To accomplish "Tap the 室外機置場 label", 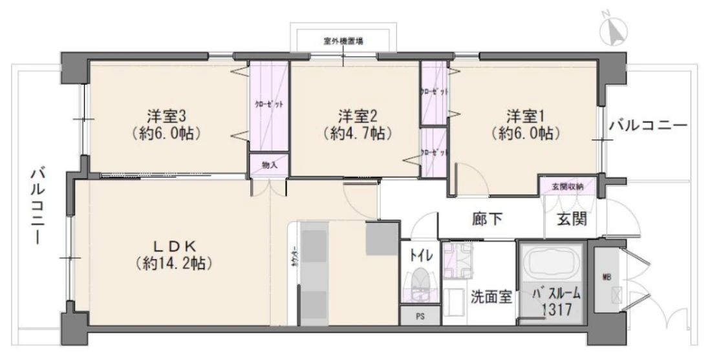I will (x=343, y=41).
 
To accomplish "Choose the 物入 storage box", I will (x=270, y=165).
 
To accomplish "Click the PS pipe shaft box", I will (x=420, y=316).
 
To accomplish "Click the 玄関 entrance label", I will (x=572, y=220).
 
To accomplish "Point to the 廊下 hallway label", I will (x=487, y=220).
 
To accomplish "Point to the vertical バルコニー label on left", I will (x=38, y=206).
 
